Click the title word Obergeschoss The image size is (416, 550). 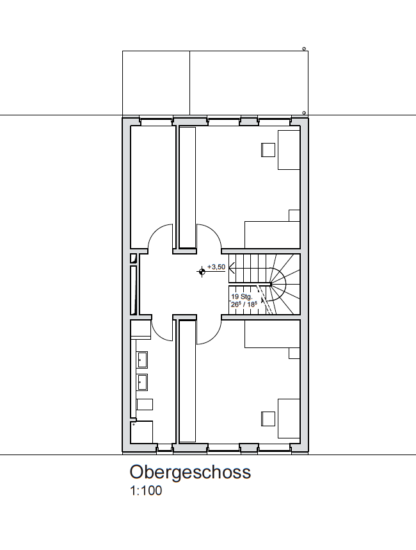190,473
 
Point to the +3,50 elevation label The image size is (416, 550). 216,267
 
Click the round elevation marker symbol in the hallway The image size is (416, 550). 202,271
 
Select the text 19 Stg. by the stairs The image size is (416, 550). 242,297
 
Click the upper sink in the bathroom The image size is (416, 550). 143,360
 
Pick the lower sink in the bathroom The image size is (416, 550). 143,382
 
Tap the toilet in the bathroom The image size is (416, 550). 144,404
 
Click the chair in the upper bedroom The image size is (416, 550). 268,150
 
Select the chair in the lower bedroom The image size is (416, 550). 268,419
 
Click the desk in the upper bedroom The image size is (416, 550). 289,150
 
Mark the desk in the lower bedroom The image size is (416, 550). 289,419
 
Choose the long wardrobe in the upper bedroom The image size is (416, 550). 188,188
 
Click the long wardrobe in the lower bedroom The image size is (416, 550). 188,381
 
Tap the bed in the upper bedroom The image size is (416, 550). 273,235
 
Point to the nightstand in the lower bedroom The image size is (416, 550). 294,353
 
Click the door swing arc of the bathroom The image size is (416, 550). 158,336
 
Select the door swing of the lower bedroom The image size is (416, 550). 214,336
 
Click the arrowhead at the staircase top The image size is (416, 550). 232,269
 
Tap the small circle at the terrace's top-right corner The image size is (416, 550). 304,49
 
